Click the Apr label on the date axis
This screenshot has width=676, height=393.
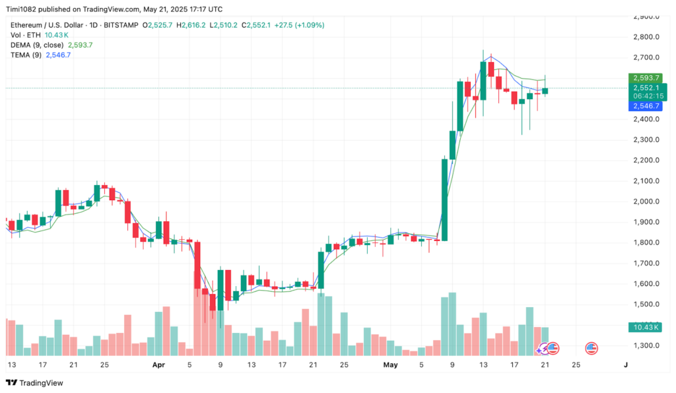click(x=158, y=364)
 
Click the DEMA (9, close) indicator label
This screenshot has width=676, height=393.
click(x=36, y=45)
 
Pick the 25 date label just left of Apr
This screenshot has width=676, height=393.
click(x=104, y=364)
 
